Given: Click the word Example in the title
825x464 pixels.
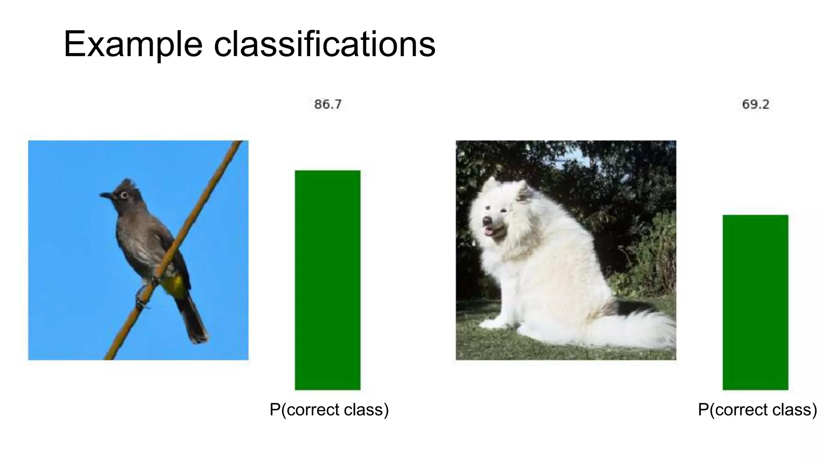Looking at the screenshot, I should (133, 44).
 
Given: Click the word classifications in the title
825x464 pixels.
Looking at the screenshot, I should (324, 44).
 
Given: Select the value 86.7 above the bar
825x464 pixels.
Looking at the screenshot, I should (328, 105).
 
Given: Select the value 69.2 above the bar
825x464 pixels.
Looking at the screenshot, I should (755, 105).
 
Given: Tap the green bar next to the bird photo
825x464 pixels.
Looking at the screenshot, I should (328, 280).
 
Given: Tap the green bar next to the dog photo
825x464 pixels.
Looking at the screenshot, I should (755, 302).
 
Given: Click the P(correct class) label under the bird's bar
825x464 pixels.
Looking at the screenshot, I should (329, 410).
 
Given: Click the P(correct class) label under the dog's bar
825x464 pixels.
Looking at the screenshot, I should (757, 410).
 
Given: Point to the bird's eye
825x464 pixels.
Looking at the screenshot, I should (124, 195).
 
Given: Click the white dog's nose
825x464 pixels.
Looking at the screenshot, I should (487, 221).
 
